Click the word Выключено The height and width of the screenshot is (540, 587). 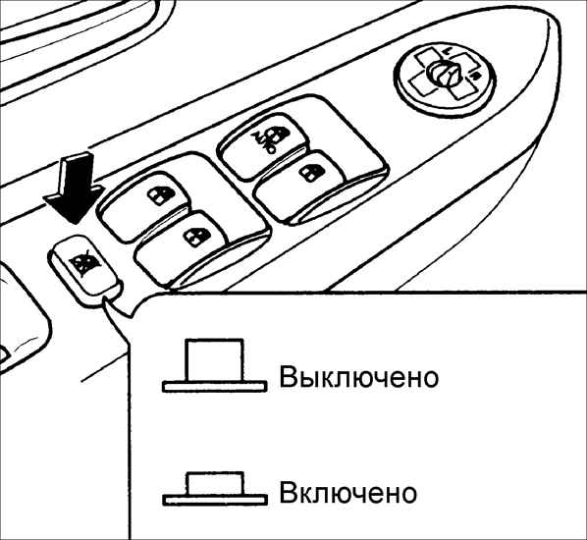tap(358, 376)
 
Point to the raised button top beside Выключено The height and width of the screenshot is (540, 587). tap(215, 360)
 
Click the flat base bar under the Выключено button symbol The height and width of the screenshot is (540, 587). tap(215, 387)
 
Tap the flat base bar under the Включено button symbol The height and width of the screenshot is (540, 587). tap(215, 500)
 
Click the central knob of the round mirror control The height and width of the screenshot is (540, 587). tap(444, 75)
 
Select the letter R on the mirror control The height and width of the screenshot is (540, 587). tap(477, 76)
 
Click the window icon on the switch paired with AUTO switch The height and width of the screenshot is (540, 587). tap(312, 173)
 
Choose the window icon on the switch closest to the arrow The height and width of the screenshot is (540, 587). tap(161, 196)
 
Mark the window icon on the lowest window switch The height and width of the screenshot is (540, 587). tap(196, 238)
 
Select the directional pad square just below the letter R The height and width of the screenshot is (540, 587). tap(464, 89)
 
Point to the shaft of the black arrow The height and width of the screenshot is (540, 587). tap(78, 172)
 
